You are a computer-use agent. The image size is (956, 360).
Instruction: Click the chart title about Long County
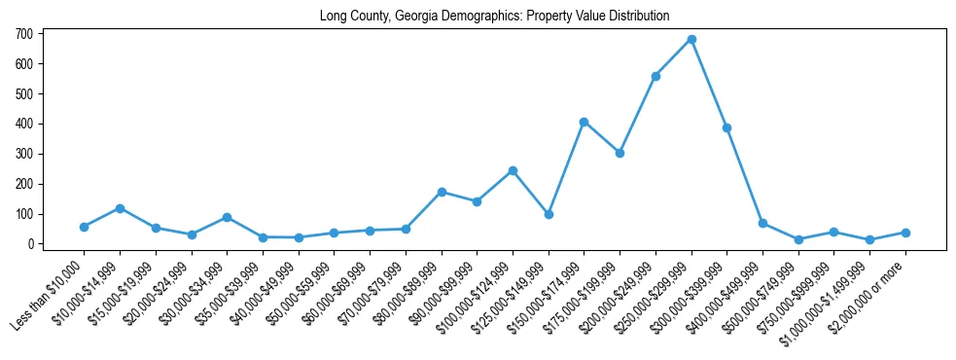click(494, 16)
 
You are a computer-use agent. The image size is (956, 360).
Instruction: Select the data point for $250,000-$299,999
click(691, 40)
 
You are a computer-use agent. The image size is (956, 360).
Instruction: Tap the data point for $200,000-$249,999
click(655, 76)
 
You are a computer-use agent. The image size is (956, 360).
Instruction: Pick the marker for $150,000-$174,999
click(584, 122)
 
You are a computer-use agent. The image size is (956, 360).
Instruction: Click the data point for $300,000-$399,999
click(726, 127)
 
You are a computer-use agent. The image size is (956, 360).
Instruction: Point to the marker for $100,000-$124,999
click(513, 170)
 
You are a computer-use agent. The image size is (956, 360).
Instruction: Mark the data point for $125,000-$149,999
click(549, 214)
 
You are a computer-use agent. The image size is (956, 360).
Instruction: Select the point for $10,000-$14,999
click(120, 208)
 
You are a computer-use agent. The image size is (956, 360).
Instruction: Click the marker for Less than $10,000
click(84, 227)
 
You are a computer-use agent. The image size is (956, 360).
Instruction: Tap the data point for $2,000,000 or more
click(905, 233)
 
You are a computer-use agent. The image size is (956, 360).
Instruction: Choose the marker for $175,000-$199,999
click(620, 153)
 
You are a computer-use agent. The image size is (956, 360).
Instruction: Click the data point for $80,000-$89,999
click(442, 192)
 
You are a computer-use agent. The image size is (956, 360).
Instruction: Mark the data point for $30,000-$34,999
click(227, 217)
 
